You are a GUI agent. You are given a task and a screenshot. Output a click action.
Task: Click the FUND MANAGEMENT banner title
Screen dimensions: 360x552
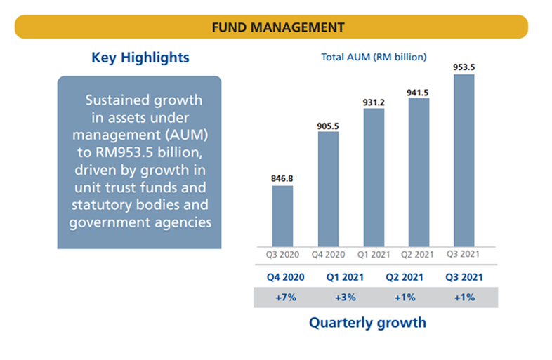278,27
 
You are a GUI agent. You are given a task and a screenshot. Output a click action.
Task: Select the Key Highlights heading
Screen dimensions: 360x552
140,57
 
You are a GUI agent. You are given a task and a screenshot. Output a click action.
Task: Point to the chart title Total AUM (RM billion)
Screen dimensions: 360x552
374,57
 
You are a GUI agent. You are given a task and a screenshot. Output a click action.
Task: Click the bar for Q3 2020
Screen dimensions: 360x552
282,214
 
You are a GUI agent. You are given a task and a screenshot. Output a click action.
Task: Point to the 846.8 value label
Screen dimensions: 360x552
282,178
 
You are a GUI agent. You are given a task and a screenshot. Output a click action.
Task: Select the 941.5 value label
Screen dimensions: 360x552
419,92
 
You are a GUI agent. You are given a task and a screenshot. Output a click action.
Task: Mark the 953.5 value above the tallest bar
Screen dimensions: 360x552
464,67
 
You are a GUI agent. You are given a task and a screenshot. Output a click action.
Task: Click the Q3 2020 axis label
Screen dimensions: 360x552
282,253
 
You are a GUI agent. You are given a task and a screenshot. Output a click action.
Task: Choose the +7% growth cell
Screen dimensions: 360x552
284,298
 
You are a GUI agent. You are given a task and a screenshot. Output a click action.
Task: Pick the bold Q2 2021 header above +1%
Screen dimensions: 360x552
405,276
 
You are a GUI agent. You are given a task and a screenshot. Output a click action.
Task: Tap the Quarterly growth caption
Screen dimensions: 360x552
367,323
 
